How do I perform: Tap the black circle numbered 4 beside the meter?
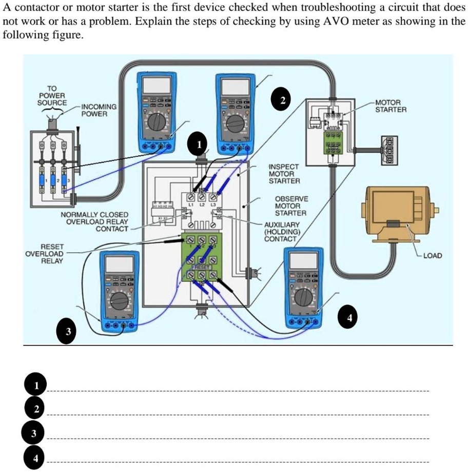349,317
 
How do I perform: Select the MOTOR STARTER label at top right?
391,106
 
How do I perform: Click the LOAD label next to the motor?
432,255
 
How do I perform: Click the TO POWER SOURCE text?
52,95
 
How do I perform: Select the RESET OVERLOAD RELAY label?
45,254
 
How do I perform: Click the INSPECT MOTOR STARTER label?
285,174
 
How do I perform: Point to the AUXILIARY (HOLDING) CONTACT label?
280,232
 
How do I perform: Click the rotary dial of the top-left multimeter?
155,122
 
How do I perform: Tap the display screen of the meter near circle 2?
236,86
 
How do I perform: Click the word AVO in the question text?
335,23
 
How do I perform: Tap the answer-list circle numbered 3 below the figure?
33,434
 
